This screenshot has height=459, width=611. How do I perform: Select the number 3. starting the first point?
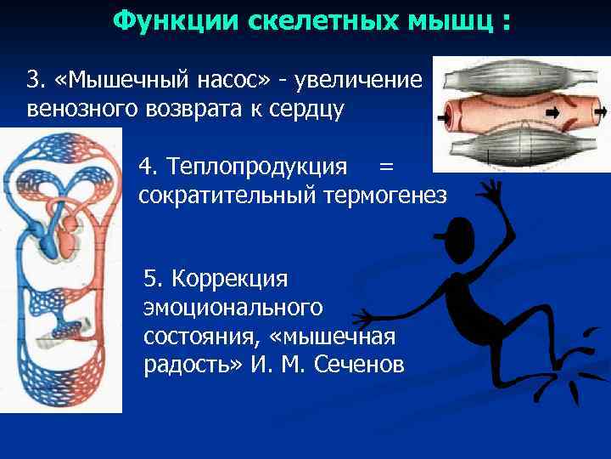point(35,81)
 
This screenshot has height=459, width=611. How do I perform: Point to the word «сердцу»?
point(302,110)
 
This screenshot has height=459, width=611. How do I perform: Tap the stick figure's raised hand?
point(490,191)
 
